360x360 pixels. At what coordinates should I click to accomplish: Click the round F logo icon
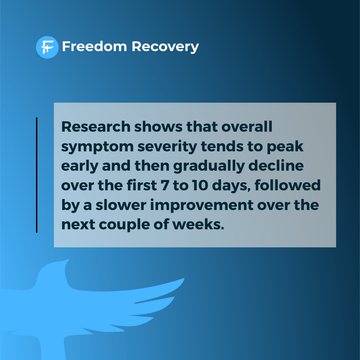(47, 47)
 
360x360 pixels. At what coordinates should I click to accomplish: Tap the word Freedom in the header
(94, 47)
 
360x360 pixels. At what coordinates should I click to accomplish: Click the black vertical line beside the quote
(37, 175)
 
